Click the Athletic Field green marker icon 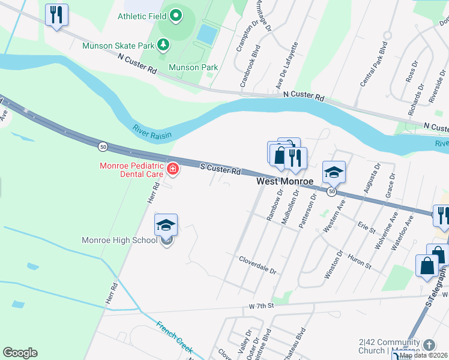coord(175,16)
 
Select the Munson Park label coord(193,67)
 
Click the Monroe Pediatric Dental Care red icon coord(173,170)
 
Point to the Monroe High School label coord(119,241)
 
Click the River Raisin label coord(151,131)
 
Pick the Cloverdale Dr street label coord(257,266)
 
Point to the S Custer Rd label coord(220,170)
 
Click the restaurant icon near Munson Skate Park coord(56,14)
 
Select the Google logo coord(20,353)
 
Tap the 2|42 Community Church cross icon coord(429,344)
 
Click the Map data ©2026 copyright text coord(424,355)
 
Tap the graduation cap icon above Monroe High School coord(166,225)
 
